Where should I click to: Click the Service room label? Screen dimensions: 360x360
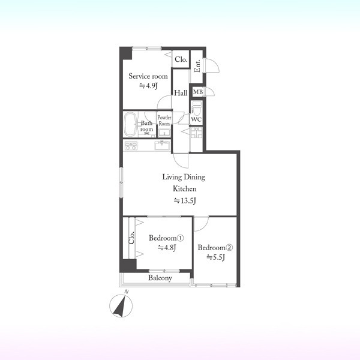[x=148, y=76]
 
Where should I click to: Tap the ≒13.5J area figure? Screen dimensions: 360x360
[x=185, y=201]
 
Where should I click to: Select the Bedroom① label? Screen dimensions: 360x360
[x=166, y=238]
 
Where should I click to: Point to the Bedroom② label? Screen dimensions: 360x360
[x=215, y=247]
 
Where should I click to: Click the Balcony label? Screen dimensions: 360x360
[x=160, y=278]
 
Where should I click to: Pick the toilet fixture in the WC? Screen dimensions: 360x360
[x=196, y=108]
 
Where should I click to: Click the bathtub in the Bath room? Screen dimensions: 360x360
[x=130, y=124]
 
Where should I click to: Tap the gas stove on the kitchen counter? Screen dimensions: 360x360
[x=131, y=146]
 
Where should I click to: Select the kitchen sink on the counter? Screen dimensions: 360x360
[x=162, y=145]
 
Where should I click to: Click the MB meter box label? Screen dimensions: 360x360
[x=198, y=92]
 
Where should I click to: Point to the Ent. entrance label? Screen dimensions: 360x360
[x=197, y=65]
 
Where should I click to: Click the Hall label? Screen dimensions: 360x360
[x=181, y=93]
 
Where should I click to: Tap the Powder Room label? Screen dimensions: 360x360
[x=164, y=121]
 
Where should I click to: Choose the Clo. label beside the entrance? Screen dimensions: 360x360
[x=181, y=59]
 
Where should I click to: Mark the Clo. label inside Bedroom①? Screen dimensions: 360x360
[x=131, y=238]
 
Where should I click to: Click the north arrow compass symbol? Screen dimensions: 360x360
[x=121, y=305]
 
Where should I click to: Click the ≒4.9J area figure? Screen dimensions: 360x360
[x=148, y=86]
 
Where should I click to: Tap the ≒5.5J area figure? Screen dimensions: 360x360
[x=215, y=257]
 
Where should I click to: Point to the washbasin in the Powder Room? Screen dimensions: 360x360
[x=164, y=133]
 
